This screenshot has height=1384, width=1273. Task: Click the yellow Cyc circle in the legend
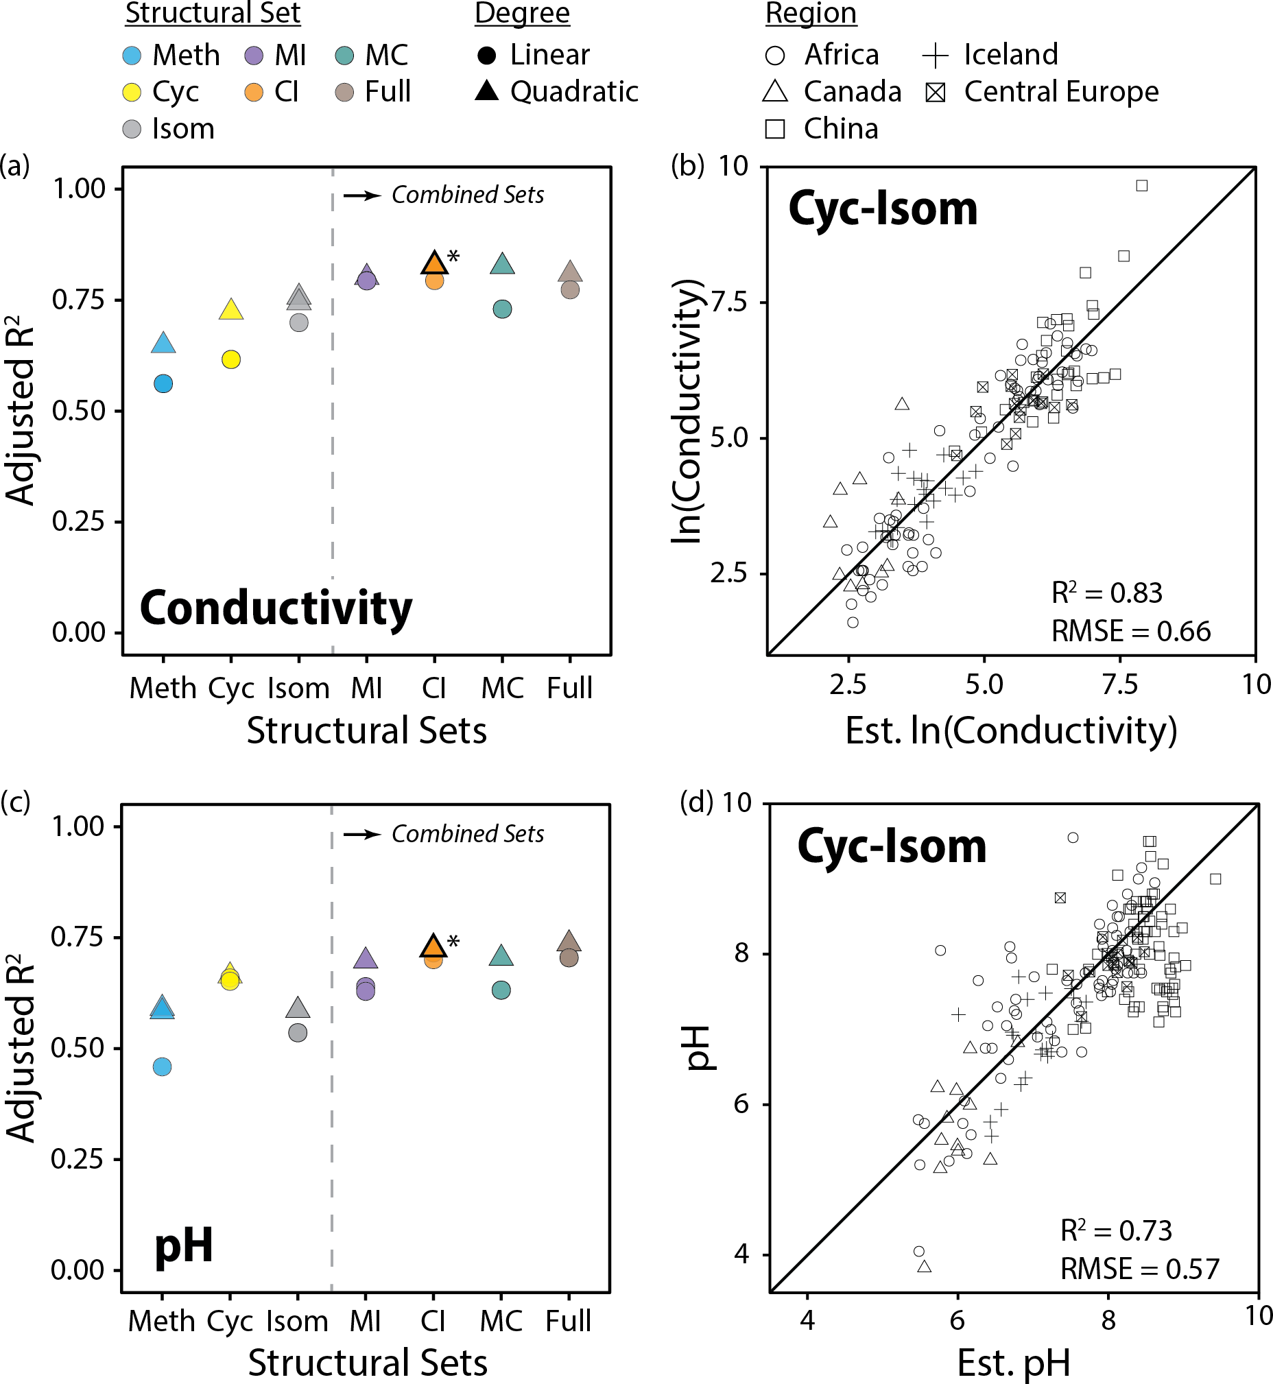(132, 92)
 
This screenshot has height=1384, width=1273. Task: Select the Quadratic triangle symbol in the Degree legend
(487, 91)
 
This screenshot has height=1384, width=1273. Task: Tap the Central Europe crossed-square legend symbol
(936, 92)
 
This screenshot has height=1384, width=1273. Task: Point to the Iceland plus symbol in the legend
(936, 55)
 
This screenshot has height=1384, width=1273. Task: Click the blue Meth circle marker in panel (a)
(163, 383)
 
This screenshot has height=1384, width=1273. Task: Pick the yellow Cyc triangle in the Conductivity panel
(231, 310)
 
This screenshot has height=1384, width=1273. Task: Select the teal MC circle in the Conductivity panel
(503, 309)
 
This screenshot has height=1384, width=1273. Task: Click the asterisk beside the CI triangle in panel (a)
(453, 258)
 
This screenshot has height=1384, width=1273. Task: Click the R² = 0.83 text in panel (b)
(1106, 593)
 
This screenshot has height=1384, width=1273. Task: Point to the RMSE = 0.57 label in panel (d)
(1139, 1269)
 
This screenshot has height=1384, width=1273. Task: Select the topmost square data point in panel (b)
(1142, 185)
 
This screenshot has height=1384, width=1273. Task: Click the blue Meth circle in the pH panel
(162, 1067)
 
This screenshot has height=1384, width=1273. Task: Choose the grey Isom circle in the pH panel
(298, 1033)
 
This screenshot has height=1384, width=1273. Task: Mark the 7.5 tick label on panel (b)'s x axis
(1119, 684)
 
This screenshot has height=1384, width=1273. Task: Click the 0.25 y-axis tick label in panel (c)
(77, 1159)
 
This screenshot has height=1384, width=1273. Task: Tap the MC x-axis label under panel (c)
(501, 1322)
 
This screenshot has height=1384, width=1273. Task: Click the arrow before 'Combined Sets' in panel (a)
(362, 195)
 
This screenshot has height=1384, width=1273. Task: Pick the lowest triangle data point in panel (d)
(925, 1266)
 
